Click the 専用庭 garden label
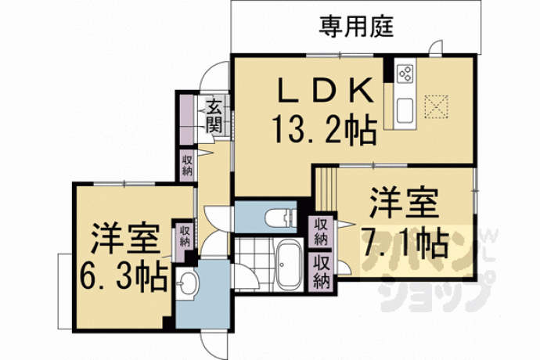pos(356,26)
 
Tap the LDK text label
pos(326,91)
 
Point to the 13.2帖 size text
pos(324,129)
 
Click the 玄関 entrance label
pos(214,115)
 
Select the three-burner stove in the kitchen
pos(405,74)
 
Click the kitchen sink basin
pos(405,110)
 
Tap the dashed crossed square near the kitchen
pos(436,106)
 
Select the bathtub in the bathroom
pos(289,265)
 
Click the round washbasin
pos(187,283)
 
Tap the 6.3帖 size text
pos(124,275)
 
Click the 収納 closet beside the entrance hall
pos(187,165)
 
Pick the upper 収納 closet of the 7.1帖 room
pos(320,232)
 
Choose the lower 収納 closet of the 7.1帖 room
pos(321,272)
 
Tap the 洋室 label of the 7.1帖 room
pos(404,203)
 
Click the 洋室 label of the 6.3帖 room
pos(125,239)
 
